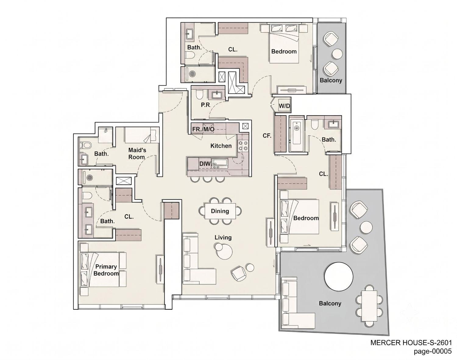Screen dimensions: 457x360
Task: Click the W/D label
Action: point(284,106)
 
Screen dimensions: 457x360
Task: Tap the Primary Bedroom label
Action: point(106,270)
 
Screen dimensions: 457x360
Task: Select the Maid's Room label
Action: point(137,154)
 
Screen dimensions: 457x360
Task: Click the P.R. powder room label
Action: point(206,105)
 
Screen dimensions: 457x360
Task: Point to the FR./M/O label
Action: point(203,129)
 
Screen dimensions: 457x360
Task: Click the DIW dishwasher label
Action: point(205,164)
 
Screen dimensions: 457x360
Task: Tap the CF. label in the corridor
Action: point(267,136)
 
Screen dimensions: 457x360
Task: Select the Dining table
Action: point(220,211)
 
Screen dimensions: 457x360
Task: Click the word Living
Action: point(223,237)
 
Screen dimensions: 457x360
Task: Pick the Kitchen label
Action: point(221,146)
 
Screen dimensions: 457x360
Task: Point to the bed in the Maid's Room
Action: point(142,135)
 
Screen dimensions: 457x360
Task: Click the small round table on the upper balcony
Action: point(337,54)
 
